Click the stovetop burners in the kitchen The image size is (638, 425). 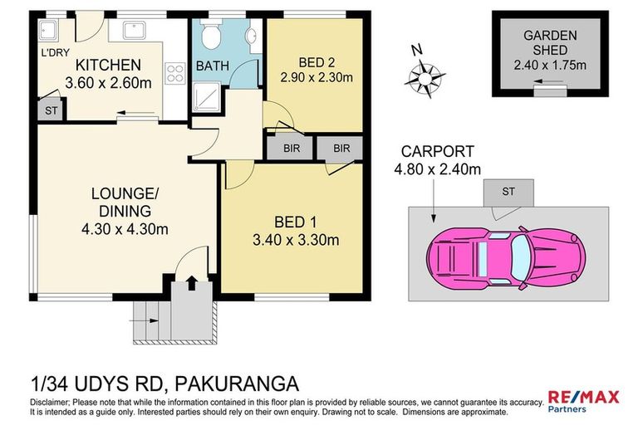coord(175,73)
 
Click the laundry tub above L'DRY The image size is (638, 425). coord(47,32)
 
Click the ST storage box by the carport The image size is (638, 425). coord(508,192)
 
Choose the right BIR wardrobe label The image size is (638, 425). coord(341,148)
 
